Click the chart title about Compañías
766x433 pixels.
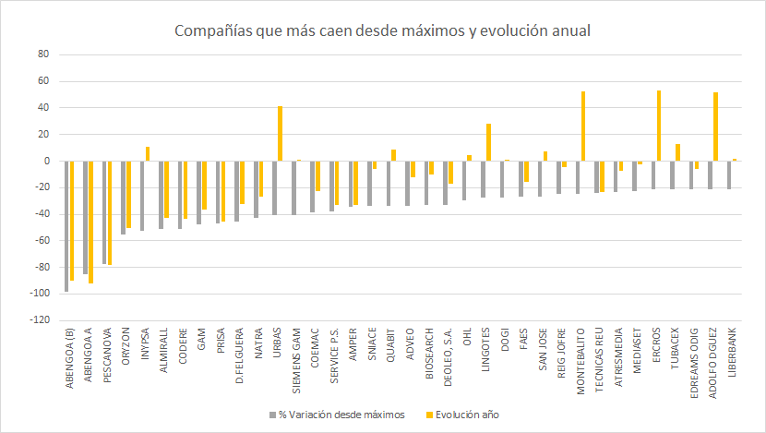pos(382,31)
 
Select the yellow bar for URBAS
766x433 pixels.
pos(280,134)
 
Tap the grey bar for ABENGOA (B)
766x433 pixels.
pos(66,226)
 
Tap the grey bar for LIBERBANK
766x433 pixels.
pos(729,174)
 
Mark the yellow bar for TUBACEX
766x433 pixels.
pos(677,152)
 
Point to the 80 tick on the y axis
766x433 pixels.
pos(42,54)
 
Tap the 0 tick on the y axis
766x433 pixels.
pos(44,161)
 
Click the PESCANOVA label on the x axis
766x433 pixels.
pos(108,355)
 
